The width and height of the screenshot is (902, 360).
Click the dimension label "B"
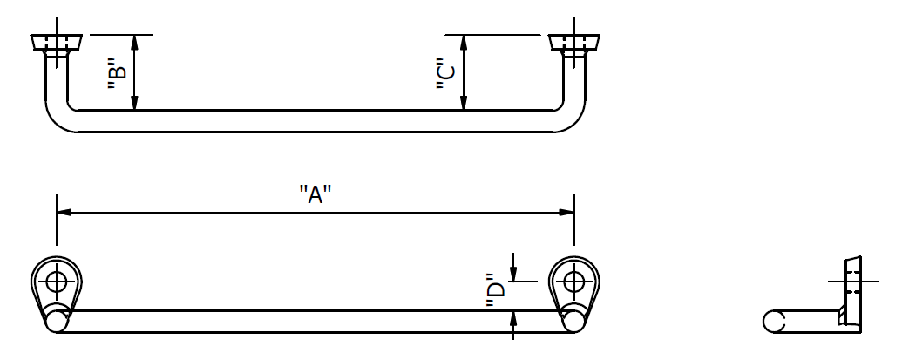pyautogui.click(x=117, y=74)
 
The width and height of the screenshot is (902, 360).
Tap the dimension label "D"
pyautogui.click(x=495, y=295)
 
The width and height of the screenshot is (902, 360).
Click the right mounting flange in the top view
pyautogui.click(x=573, y=42)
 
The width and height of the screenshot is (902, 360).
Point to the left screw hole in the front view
pyautogui.click(x=58, y=282)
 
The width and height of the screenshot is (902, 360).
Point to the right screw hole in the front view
pyautogui.click(x=573, y=282)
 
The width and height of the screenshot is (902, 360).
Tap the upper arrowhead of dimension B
pyautogui.click(x=134, y=41)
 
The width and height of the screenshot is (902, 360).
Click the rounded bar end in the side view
pyautogui.click(x=770, y=321)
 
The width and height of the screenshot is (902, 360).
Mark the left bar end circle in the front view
pyautogui.click(x=58, y=321)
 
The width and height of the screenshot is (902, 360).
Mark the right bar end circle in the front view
pyautogui.click(x=573, y=321)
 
